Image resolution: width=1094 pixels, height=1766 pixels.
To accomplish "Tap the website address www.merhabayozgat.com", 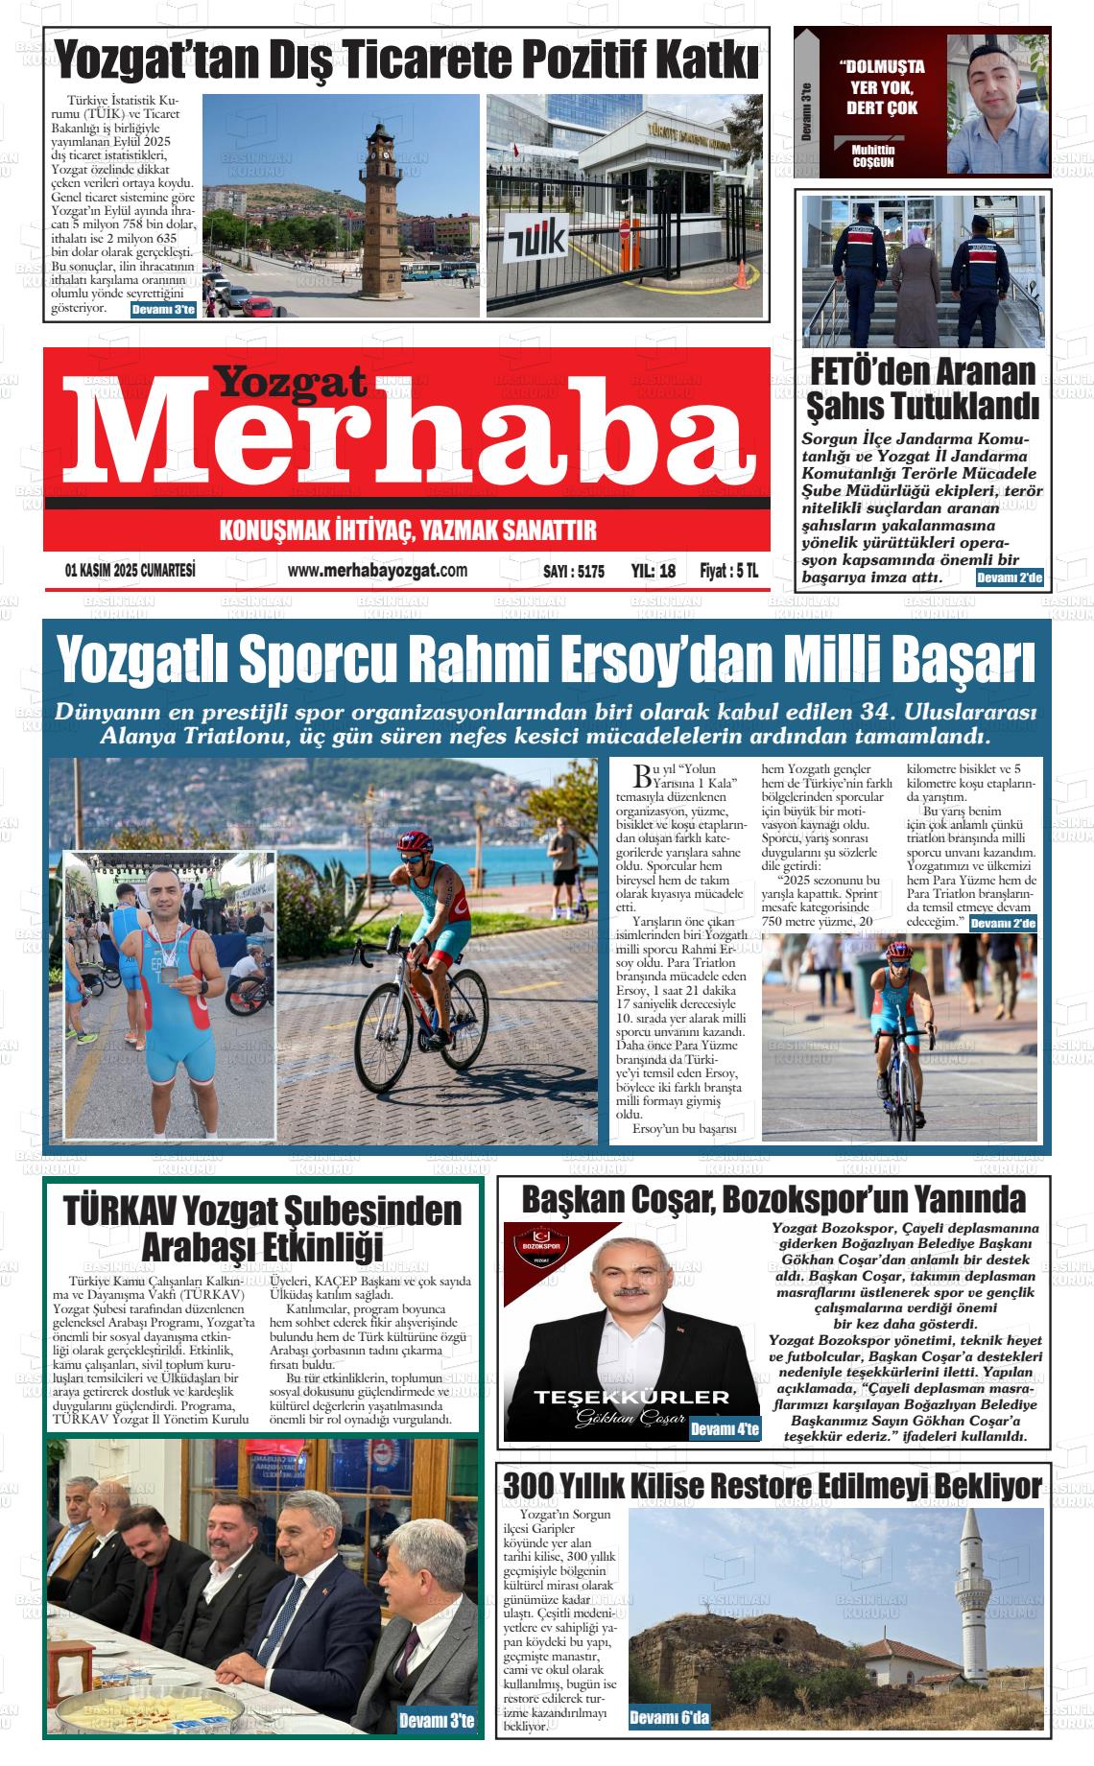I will [377, 571].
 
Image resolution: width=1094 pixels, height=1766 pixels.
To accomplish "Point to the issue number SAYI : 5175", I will [574, 572].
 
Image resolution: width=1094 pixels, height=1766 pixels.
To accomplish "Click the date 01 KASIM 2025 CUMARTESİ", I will [131, 571].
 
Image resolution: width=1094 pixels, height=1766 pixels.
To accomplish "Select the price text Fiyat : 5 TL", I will [729, 571].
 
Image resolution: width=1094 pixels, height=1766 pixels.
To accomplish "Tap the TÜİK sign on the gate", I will [535, 239].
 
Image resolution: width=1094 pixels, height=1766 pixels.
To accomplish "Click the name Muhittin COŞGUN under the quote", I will [872, 155].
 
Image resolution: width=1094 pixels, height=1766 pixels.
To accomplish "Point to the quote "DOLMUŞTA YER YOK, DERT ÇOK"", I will [881, 88].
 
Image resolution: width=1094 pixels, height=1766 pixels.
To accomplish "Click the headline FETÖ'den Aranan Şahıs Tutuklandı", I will [922, 388].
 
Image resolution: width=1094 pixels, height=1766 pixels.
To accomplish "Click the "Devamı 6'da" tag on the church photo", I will [669, 1717].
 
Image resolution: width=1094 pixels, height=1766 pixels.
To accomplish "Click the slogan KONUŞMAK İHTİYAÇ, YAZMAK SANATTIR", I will [408, 530].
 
